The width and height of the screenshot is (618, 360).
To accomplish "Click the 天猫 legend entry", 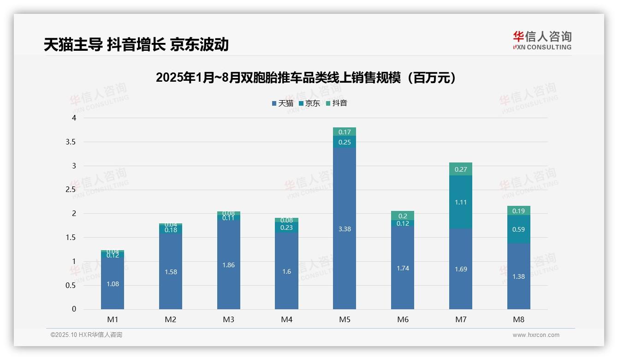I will (282, 103).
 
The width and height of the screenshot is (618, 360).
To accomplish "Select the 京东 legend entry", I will (309, 103).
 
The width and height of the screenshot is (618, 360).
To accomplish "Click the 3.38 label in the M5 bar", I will (345, 229).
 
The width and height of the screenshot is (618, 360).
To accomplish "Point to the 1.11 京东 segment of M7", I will (461, 202).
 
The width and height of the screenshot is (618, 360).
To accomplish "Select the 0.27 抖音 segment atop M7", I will (461, 169).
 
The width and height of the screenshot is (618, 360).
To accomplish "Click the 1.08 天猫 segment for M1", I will (113, 284).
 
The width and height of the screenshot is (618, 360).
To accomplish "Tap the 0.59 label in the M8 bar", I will (518, 229).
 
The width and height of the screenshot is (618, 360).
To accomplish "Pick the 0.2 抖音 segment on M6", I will (403, 216).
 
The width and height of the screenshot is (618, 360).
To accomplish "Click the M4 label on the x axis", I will (286, 319).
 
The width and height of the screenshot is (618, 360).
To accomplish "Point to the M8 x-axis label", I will (518, 319).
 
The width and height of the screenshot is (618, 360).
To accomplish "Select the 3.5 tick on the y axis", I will (71, 142).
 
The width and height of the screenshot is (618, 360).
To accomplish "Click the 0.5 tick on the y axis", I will (71, 285).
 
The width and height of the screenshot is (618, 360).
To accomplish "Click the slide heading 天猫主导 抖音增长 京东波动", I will (136, 44).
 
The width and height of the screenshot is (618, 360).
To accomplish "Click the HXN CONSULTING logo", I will (542, 41).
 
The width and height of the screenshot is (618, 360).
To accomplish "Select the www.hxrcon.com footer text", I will (536, 335).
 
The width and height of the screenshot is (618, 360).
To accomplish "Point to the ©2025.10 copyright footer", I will (86, 335).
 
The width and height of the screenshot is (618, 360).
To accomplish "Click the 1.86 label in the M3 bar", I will (229, 265).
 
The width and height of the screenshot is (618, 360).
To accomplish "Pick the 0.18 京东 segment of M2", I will (171, 230).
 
